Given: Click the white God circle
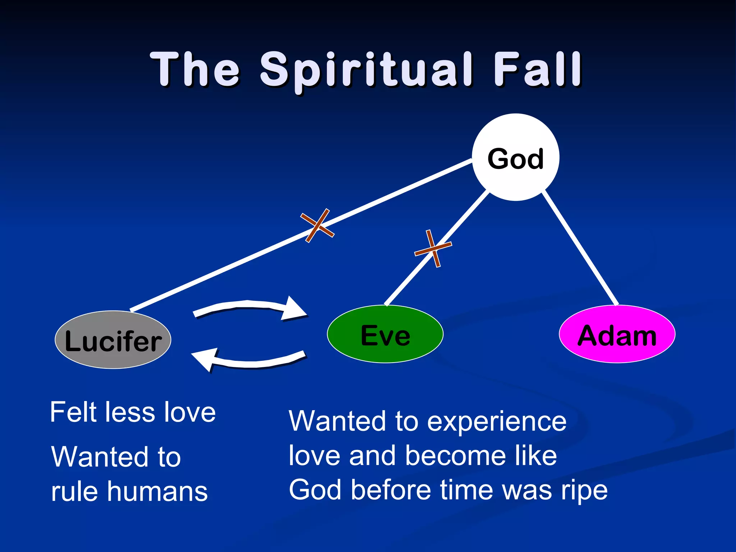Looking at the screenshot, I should point(515,157).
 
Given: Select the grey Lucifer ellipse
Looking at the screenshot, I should point(113,340).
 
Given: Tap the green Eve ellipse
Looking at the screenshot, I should point(385,334).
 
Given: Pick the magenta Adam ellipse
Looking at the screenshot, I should point(617,334).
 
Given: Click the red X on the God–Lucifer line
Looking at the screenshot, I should point(317,225).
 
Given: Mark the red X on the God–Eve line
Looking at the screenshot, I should point(433,248).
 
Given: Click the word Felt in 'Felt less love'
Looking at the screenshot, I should point(74,412).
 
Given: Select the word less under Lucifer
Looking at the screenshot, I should point(130,412).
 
